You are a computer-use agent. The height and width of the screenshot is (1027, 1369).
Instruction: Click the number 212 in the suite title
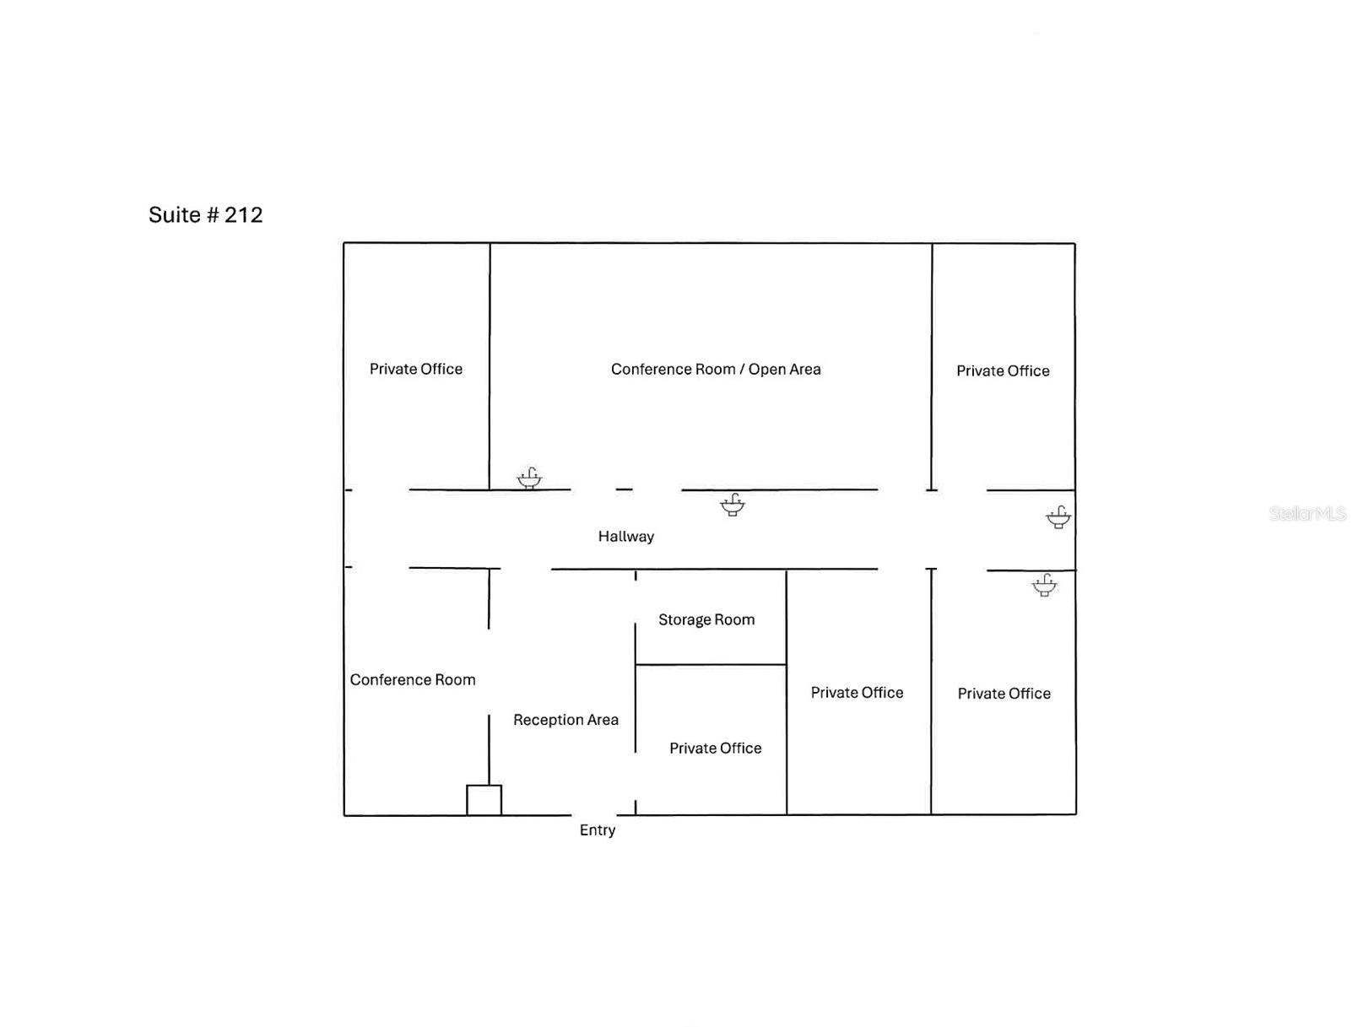[243, 214]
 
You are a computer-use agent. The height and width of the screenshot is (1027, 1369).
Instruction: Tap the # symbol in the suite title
[213, 214]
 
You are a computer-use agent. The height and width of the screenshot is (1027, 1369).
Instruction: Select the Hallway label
[625, 536]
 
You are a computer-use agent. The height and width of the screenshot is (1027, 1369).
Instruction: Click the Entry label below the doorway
[597, 830]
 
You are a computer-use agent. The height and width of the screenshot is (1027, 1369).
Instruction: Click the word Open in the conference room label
[766, 370]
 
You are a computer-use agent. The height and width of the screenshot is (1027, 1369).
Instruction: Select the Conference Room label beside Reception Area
[412, 679]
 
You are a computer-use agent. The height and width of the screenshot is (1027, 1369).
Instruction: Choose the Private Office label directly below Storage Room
[716, 749]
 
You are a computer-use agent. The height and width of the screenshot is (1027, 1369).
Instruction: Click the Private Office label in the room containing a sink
[1004, 694]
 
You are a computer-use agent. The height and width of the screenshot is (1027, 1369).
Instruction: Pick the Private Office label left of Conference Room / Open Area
[416, 369]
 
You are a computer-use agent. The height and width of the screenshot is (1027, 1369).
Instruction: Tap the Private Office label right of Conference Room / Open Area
[1003, 371]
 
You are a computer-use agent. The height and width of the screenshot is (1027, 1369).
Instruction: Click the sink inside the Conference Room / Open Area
[529, 478]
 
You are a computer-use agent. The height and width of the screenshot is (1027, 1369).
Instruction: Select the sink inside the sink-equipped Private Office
[1044, 586]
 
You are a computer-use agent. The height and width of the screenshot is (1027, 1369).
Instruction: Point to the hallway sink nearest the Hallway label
[733, 505]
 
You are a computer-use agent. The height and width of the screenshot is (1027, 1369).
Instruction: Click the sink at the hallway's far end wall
[1058, 517]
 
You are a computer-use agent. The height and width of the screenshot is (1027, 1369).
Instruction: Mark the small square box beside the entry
[484, 800]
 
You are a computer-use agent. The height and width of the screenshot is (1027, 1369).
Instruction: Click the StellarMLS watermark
[1307, 513]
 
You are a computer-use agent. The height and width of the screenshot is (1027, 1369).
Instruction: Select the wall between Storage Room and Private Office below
[711, 665]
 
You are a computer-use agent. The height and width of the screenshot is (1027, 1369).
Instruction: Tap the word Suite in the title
[174, 214]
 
